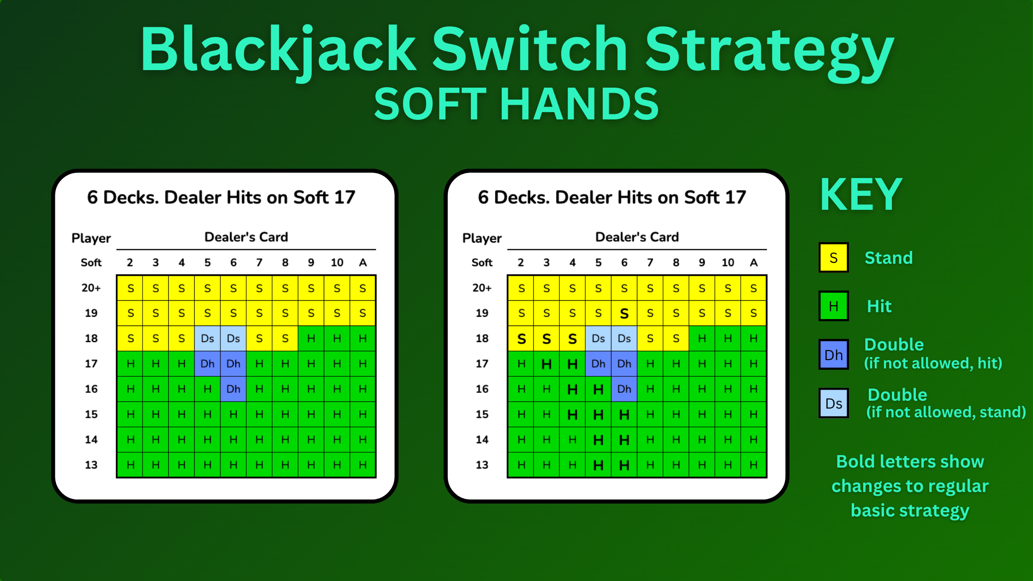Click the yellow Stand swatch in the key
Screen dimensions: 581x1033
tap(833, 257)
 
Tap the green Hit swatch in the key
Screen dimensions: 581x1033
tap(833, 306)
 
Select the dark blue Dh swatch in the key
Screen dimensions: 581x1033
tap(833, 355)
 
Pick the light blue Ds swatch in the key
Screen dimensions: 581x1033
tap(833, 403)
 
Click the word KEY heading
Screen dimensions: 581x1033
tap(861, 195)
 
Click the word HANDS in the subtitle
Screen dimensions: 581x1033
tap(579, 105)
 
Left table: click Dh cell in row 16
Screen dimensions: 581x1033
tap(233, 389)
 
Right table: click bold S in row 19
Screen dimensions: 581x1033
tap(624, 314)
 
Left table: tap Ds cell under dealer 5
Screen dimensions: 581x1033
tap(208, 338)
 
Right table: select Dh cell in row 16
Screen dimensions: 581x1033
tap(624, 389)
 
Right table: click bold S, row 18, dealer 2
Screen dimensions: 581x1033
tap(521, 339)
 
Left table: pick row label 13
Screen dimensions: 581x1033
tap(91, 465)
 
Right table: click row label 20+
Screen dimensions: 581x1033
tap(482, 288)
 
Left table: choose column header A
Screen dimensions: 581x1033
tap(363, 262)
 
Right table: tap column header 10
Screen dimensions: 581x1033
tap(728, 262)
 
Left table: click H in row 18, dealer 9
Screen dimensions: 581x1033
tap(311, 338)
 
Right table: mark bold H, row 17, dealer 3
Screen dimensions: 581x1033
tap(546, 364)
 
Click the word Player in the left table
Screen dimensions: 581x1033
tap(91, 238)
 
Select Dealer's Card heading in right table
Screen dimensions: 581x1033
tap(637, 237)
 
